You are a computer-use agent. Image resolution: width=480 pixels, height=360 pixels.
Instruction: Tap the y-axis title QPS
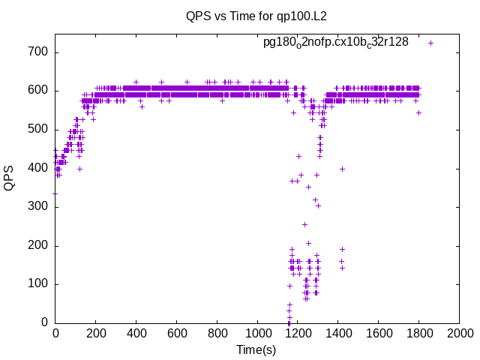(x=10, y=178)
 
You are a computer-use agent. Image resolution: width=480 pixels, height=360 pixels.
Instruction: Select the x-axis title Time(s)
(x=256, y=349)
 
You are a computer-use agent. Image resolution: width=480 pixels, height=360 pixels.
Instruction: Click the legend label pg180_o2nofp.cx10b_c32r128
(x=336, y=42)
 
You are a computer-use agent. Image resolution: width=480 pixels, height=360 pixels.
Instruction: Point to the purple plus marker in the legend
(x=430, y=43)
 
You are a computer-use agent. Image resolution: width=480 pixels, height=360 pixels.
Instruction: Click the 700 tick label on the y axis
(x=38, y=52)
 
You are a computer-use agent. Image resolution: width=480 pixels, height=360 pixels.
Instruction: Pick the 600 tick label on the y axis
(x=38, y=91)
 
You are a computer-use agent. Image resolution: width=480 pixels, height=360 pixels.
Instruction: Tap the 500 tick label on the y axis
(x=38, y=130)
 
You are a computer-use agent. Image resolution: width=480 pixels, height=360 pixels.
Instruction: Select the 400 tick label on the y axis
(x=38, y=168)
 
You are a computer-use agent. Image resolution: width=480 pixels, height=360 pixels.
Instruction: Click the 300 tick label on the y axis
(x=38, y=207)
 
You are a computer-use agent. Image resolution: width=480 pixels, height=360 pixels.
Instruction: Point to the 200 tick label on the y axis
(x=38, y=245)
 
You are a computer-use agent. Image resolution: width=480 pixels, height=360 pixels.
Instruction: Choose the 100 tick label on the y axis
(x=38, y=284)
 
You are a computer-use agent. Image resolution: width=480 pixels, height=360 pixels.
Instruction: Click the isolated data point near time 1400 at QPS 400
(x=342, y=169)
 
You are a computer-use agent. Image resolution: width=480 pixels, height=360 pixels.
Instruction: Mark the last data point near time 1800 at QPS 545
(x=418, y=112)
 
